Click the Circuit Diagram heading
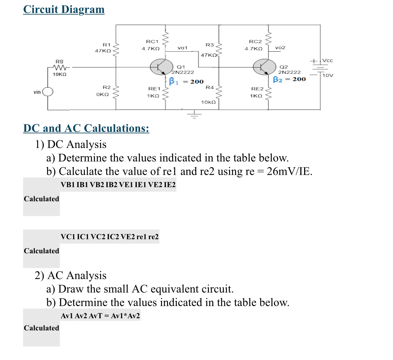pos(64,9)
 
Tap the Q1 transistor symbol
pos(161,67)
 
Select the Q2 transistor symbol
pos(264,67)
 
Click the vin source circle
pos(48,92)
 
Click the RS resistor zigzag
pos(60,67)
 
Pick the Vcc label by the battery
pos(327,60)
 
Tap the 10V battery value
pos(327,75)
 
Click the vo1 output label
pos(183,48)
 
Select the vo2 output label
pos(280,47)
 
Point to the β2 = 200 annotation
pos(289,79)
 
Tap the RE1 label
pos(154,89)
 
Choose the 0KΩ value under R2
pos(102,94)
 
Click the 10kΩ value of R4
pos(208,102)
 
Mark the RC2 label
pos(255,41)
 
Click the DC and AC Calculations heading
pos(86,128)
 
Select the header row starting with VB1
pos(118,185)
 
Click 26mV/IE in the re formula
pos(289,171)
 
